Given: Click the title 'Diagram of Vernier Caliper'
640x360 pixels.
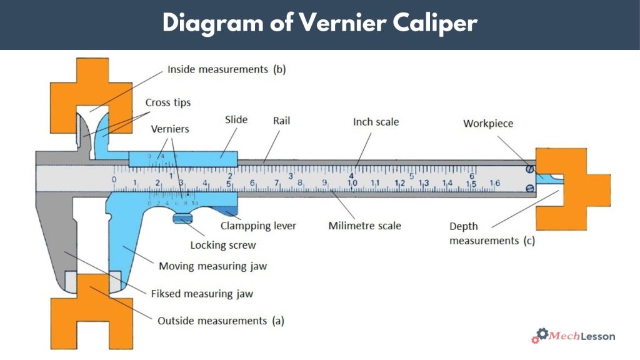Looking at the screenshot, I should [x=320, y=23].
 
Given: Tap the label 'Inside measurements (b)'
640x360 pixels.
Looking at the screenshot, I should [x=226, y=69].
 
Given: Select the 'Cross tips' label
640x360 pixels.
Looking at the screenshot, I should [x=168, y=102].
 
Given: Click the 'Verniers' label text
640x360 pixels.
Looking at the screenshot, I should [x=170, y=129].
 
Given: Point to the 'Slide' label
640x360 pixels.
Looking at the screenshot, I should [x=236, y=119].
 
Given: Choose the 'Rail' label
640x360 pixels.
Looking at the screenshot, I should [x=281, y=119].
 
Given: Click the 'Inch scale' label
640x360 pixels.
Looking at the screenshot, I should [x=376, y=122].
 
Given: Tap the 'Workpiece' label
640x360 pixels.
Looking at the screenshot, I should [x=488, y=123].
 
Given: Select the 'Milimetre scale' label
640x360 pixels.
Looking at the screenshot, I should [x=365, y=226].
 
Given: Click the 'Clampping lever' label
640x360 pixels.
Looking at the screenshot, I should [x=258, y=226].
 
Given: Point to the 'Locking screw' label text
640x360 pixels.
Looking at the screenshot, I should [x=223, y=245].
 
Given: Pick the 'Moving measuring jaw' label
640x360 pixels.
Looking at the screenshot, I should [x=212, y=266].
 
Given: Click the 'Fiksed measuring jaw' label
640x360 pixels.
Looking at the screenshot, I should [x=202, y=293].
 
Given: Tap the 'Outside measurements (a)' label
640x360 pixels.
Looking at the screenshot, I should [x=221, y=321].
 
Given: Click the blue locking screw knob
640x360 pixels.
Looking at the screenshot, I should [x=183, y=218].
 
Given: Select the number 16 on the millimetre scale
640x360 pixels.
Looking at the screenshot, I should [x=494, y=183].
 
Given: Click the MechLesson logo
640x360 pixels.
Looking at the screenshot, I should [x=573, y=336].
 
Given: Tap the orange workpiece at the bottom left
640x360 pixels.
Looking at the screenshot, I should [x=91, y=312].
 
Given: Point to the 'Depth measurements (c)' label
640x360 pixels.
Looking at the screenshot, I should [x=492, y=233].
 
